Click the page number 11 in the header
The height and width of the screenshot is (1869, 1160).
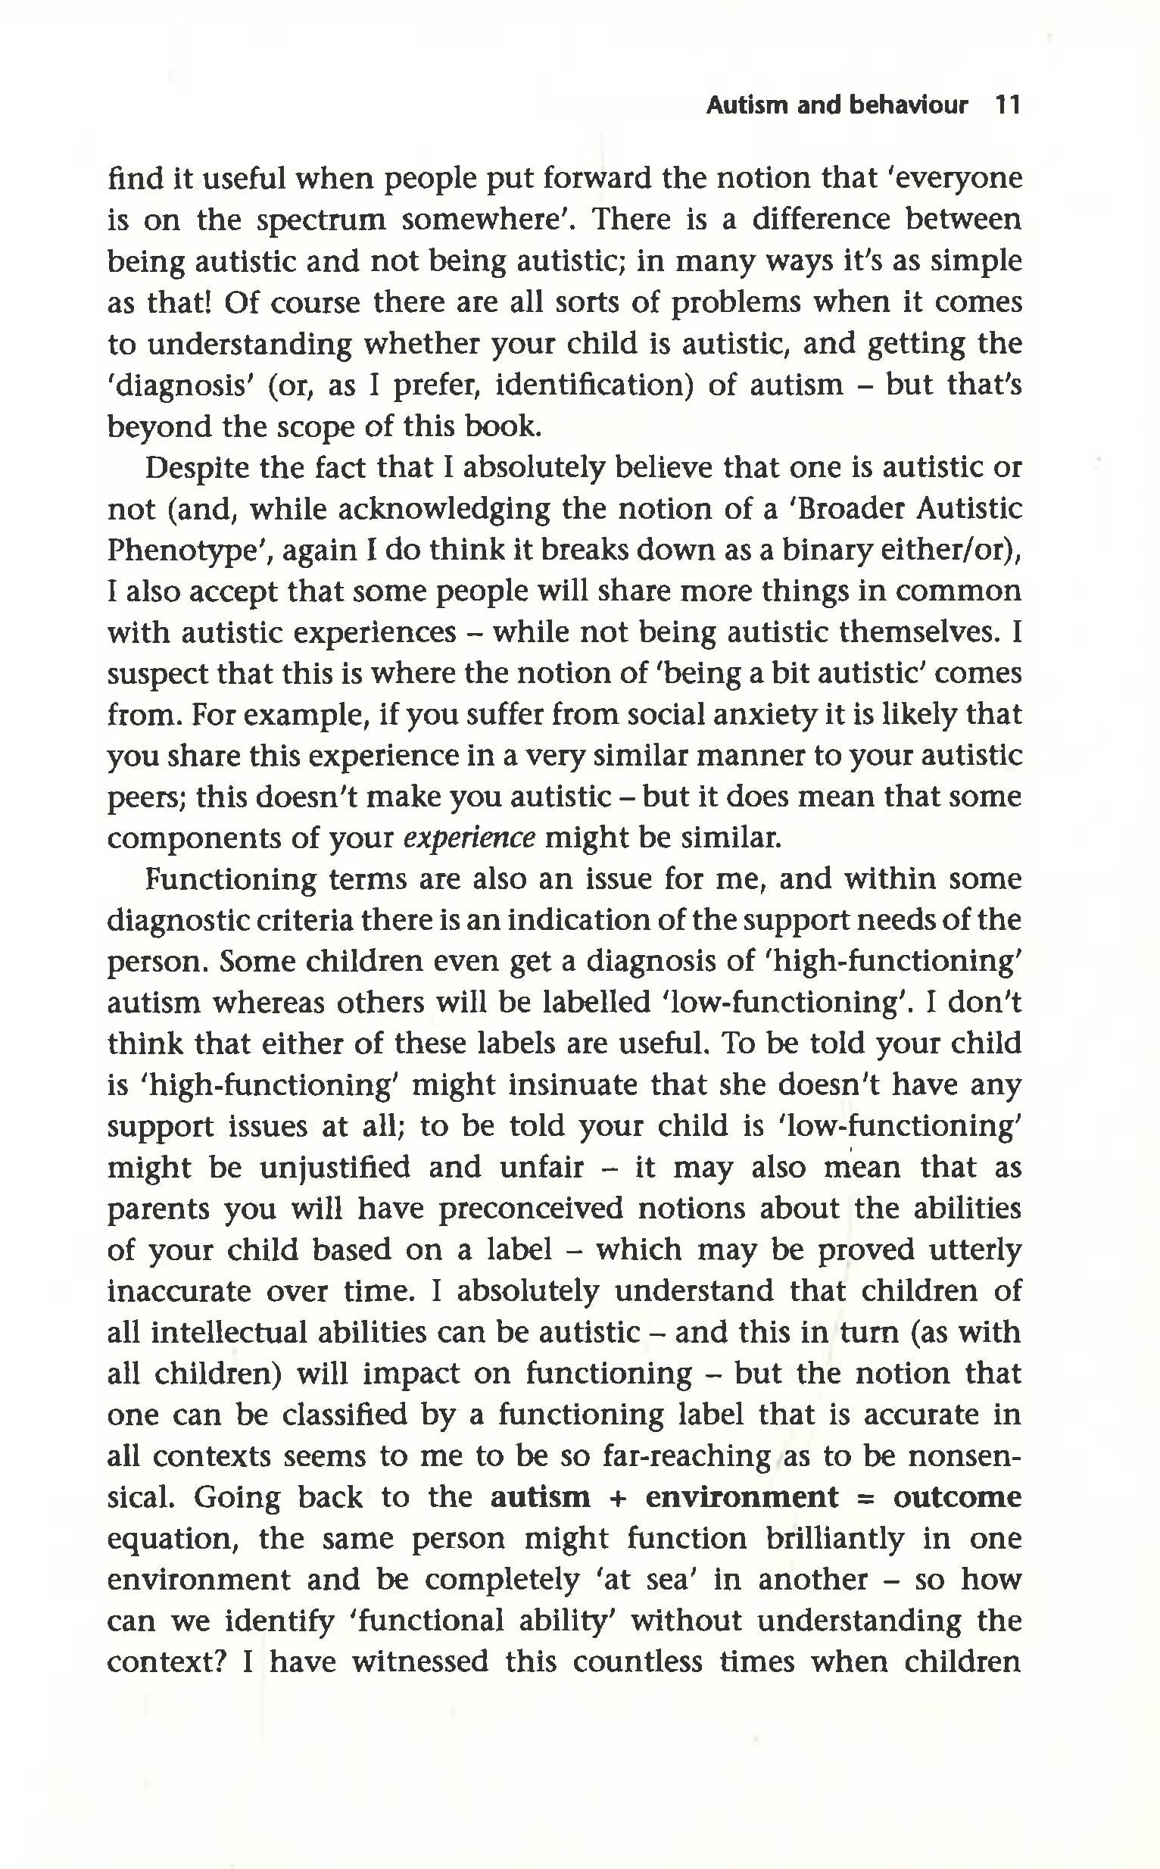point(1006,105)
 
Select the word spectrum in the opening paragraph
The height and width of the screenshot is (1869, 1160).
point(321,220)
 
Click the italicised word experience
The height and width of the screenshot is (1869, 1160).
point(469,838)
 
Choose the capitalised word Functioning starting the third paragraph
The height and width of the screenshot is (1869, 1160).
point(230,879)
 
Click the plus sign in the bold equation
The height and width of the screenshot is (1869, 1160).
point(618,1497)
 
